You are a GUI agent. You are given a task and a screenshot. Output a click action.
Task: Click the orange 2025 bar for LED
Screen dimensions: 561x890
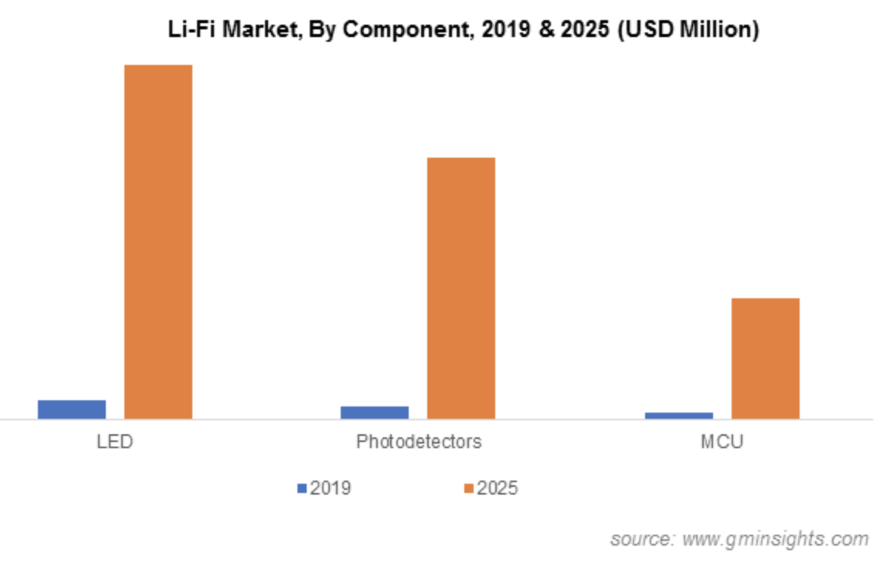[158, 241]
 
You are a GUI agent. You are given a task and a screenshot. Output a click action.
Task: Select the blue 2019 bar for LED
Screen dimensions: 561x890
[72, 410]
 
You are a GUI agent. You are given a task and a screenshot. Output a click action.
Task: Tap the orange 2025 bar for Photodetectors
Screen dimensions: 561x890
[461, 288]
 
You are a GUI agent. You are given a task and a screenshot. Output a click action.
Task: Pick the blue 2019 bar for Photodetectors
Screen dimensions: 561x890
[375, 413]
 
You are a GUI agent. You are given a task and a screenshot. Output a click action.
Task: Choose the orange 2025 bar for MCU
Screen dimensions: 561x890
[765, 359]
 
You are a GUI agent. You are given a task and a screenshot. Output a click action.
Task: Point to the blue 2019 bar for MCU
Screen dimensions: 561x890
[678, 416]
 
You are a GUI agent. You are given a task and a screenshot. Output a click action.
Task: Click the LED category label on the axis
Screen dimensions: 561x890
[115, 442]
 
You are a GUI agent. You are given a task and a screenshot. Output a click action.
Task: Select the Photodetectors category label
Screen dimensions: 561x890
[419, 442]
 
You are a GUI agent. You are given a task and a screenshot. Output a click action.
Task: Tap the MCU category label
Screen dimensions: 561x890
[722, 442]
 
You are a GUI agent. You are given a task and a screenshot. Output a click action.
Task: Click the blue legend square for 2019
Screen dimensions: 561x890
[302, 488]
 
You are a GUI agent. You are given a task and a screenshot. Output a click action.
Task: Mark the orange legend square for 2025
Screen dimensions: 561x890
[469, 488]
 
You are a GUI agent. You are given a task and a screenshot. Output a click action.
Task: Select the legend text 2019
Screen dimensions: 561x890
[331, 488]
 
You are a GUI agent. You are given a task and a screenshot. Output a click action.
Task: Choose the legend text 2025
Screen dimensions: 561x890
[498, 488]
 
